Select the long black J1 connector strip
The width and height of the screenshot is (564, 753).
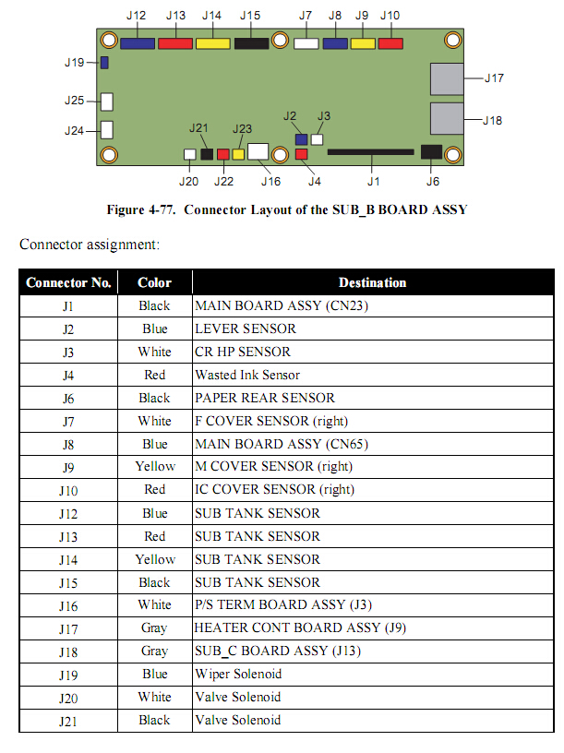point(370,151)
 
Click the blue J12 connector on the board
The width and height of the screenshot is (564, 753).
point(138,42)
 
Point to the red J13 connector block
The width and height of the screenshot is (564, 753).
point(175,42)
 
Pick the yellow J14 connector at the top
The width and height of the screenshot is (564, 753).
point(212,42)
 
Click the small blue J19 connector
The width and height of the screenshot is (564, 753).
point(104,63)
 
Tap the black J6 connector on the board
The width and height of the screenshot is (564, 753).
point(431,151)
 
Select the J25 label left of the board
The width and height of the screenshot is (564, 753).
point(75,101)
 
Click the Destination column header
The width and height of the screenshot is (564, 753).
point(372,282)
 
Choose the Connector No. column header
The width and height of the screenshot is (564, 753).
point(68,282)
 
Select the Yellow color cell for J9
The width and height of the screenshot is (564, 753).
point(154,467)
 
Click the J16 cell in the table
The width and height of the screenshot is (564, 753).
point(68,605)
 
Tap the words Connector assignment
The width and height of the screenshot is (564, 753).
point(90,245)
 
